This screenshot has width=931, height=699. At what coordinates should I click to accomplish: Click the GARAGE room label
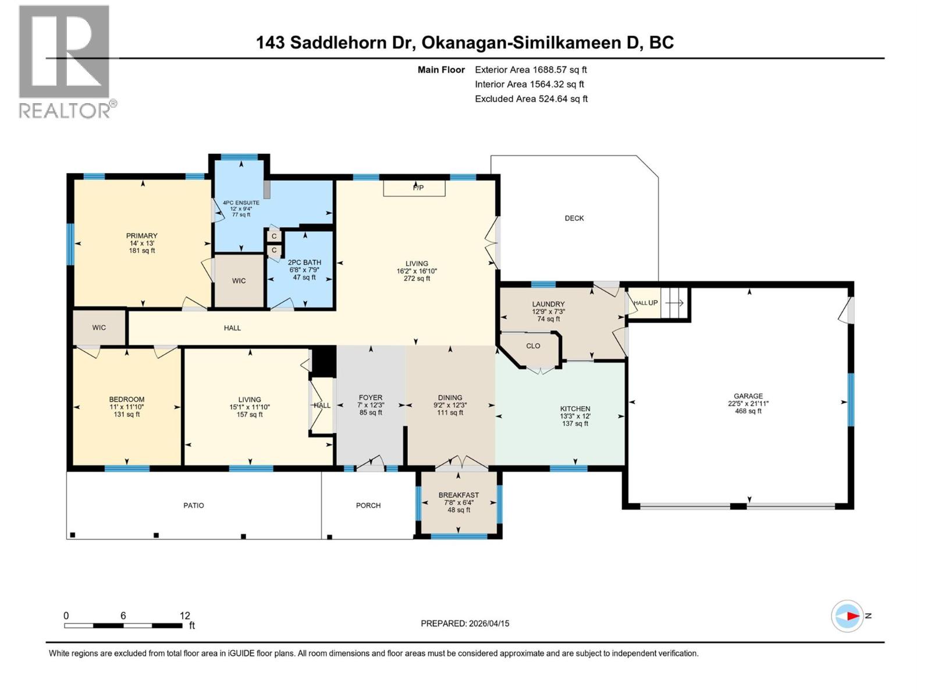748,396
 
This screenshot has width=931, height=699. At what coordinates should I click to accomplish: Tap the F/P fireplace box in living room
414,188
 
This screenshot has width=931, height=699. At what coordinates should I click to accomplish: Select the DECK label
574,218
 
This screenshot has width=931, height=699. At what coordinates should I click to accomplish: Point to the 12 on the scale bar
184,616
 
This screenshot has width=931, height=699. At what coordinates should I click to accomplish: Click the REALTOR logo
65,61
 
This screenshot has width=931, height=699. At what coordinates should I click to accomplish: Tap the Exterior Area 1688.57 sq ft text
531,70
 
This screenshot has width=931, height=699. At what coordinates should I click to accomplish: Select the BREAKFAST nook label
459,495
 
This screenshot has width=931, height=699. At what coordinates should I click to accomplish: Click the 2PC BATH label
304,263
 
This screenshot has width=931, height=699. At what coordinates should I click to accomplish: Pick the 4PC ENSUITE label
241,203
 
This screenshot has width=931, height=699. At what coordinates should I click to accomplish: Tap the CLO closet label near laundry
533,346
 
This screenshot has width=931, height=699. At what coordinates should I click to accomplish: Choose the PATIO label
194,506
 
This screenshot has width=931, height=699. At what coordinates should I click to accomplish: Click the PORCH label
368,506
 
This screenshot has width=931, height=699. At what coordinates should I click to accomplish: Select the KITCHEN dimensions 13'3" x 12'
575,416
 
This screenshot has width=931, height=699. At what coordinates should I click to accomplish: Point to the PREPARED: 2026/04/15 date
465,623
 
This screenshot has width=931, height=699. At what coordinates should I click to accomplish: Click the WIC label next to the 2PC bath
239,281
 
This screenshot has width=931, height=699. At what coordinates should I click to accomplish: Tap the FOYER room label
371,398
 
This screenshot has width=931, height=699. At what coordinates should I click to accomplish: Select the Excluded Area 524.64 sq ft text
531,99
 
